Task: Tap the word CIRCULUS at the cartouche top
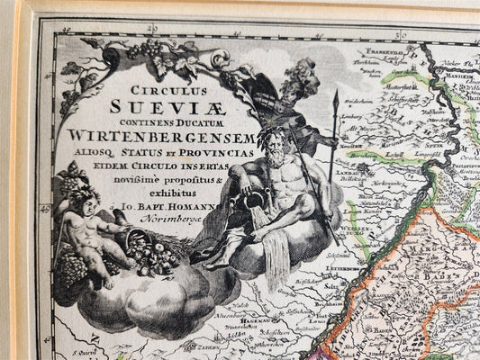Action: tap(184, 91)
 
